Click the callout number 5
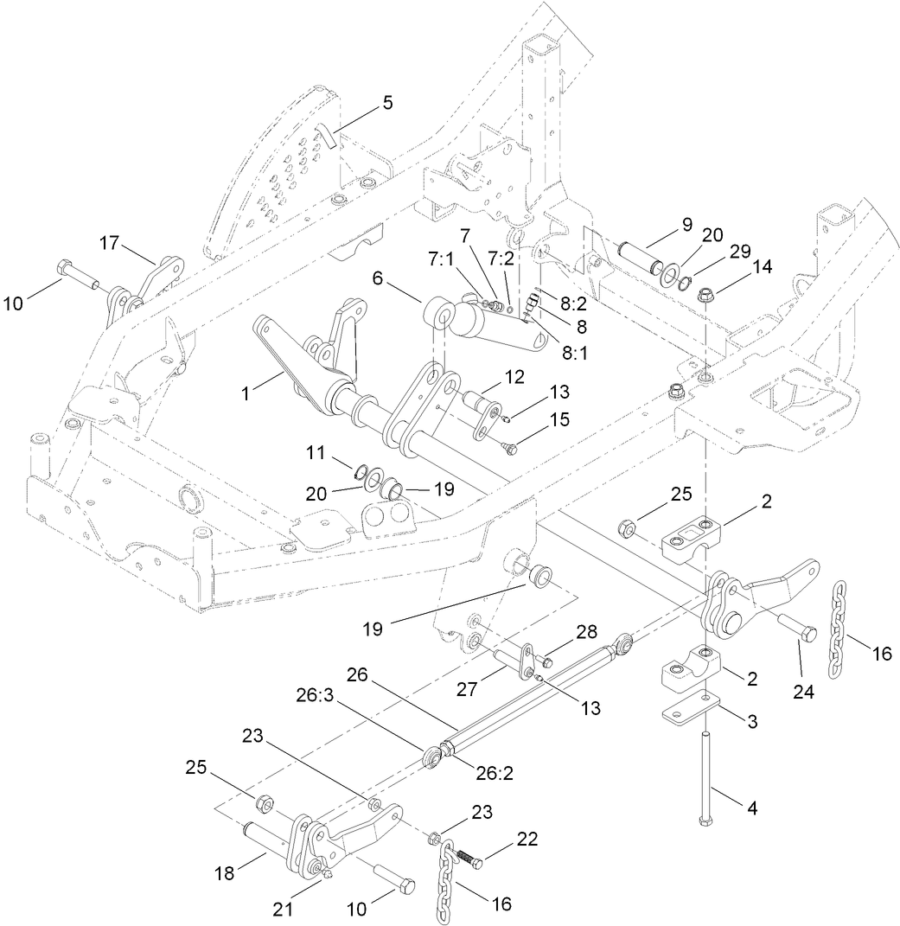(x=386, y=103)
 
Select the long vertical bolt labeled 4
(x=708, y=778)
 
